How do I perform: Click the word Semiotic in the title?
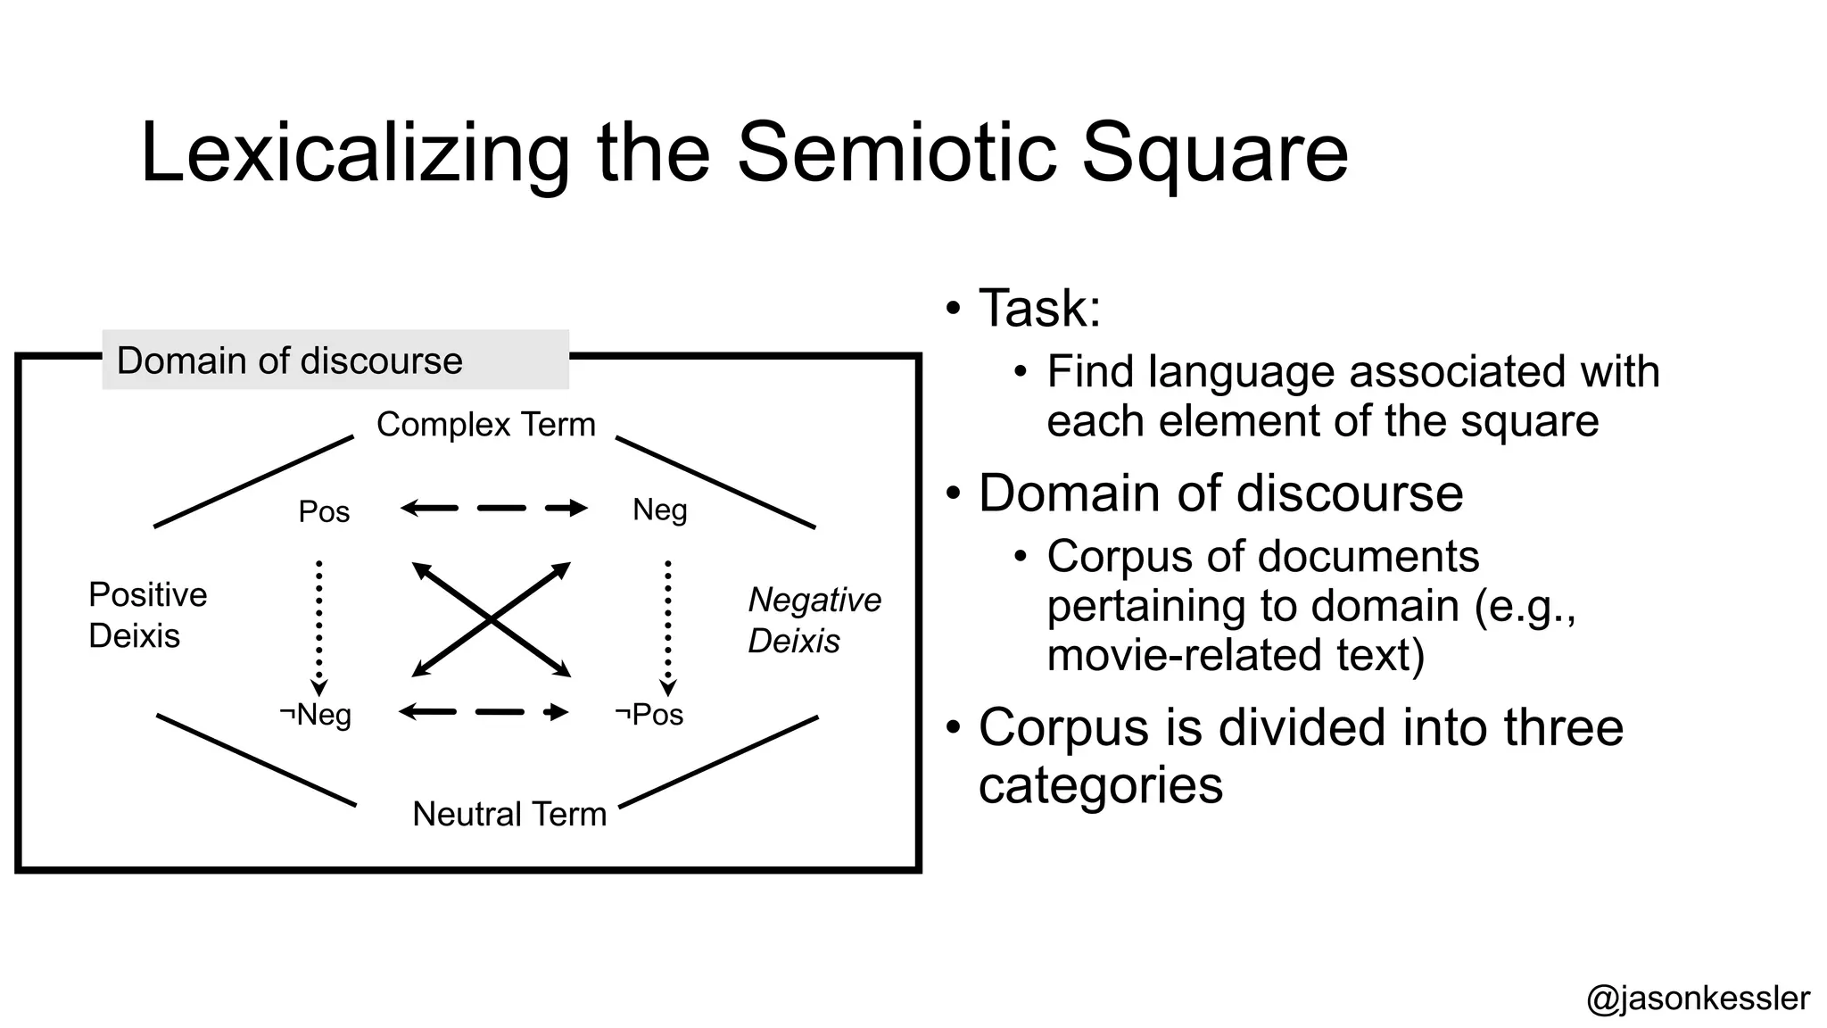899,153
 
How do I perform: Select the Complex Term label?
485,425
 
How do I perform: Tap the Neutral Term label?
508,814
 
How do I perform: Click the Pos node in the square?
324,511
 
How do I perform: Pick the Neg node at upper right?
659,510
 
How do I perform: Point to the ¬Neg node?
316,714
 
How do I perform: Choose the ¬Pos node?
649,714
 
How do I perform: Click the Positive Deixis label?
147,615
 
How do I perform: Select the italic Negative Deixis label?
814,620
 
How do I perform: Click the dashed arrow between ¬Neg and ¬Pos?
484,712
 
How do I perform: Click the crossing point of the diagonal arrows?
492,619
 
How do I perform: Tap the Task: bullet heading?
1039,309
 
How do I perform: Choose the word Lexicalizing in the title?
354,153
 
